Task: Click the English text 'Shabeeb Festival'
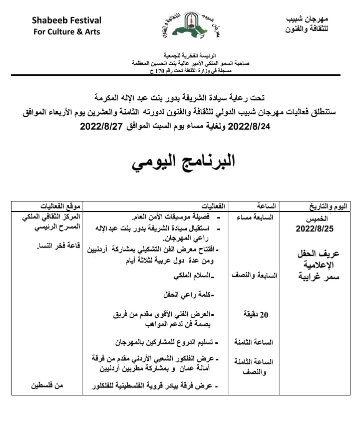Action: (x=67, y=21)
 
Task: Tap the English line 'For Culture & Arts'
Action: (x=67, y=32)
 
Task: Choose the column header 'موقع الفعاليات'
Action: (x=61, y=206)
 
